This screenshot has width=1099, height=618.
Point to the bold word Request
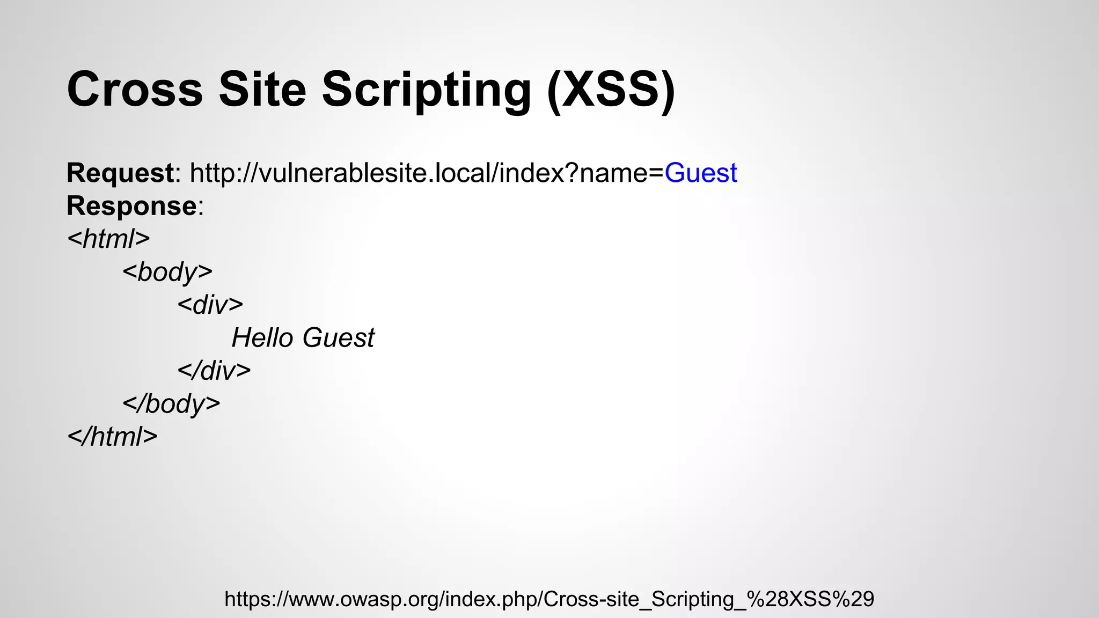click(x=120, y=173)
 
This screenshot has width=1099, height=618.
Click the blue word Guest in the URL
click(x=701, y=173)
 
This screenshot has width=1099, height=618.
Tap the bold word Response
click(x=131, y=206)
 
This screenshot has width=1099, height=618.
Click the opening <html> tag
click(x=108, y=239)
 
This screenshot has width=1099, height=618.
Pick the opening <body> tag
click(x=167, y=272)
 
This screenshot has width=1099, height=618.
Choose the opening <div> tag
click(x=210, y=305)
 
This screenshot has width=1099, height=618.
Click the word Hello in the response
click(x=262, y=338)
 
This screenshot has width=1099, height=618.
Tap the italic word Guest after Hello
click(x=338, y=338)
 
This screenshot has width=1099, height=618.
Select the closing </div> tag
click(x=214, y=371)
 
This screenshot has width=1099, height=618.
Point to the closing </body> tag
click(x=171, y=404)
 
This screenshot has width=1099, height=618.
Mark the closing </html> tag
click(x=113, y=437)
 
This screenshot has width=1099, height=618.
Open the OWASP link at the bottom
click(x=549, y=599)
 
